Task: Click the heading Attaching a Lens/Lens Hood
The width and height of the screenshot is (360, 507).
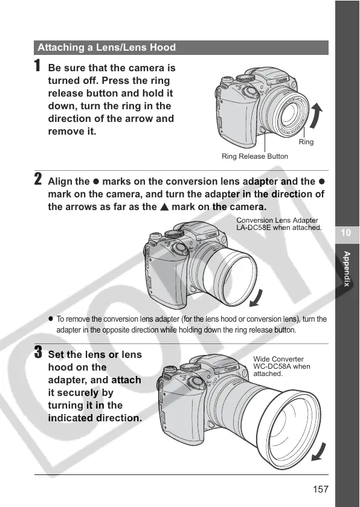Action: pos(106,48)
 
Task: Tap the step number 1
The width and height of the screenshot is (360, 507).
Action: pos(38,65)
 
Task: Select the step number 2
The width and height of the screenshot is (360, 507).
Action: pos(38,179)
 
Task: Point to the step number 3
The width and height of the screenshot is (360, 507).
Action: pos(38,352)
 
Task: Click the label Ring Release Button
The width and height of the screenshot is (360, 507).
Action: pos(254,156)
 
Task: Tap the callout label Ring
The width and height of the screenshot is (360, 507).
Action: pos(306,142)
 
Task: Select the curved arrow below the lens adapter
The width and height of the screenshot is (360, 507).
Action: pos(256,299)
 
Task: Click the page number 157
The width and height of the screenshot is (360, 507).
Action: pos(321,489)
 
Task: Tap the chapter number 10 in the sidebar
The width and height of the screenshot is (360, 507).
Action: pos(346,233)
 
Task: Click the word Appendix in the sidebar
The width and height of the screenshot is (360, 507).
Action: pos(347,269)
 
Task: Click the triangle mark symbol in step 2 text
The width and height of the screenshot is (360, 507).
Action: pos(164,207)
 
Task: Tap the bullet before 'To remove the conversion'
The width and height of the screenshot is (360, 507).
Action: pos(51,319)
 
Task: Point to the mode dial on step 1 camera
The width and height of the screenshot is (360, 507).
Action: pos(245,78)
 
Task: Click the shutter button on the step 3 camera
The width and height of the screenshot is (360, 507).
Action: pos(169,369)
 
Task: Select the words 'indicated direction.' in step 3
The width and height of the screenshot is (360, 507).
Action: pos(95,418)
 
